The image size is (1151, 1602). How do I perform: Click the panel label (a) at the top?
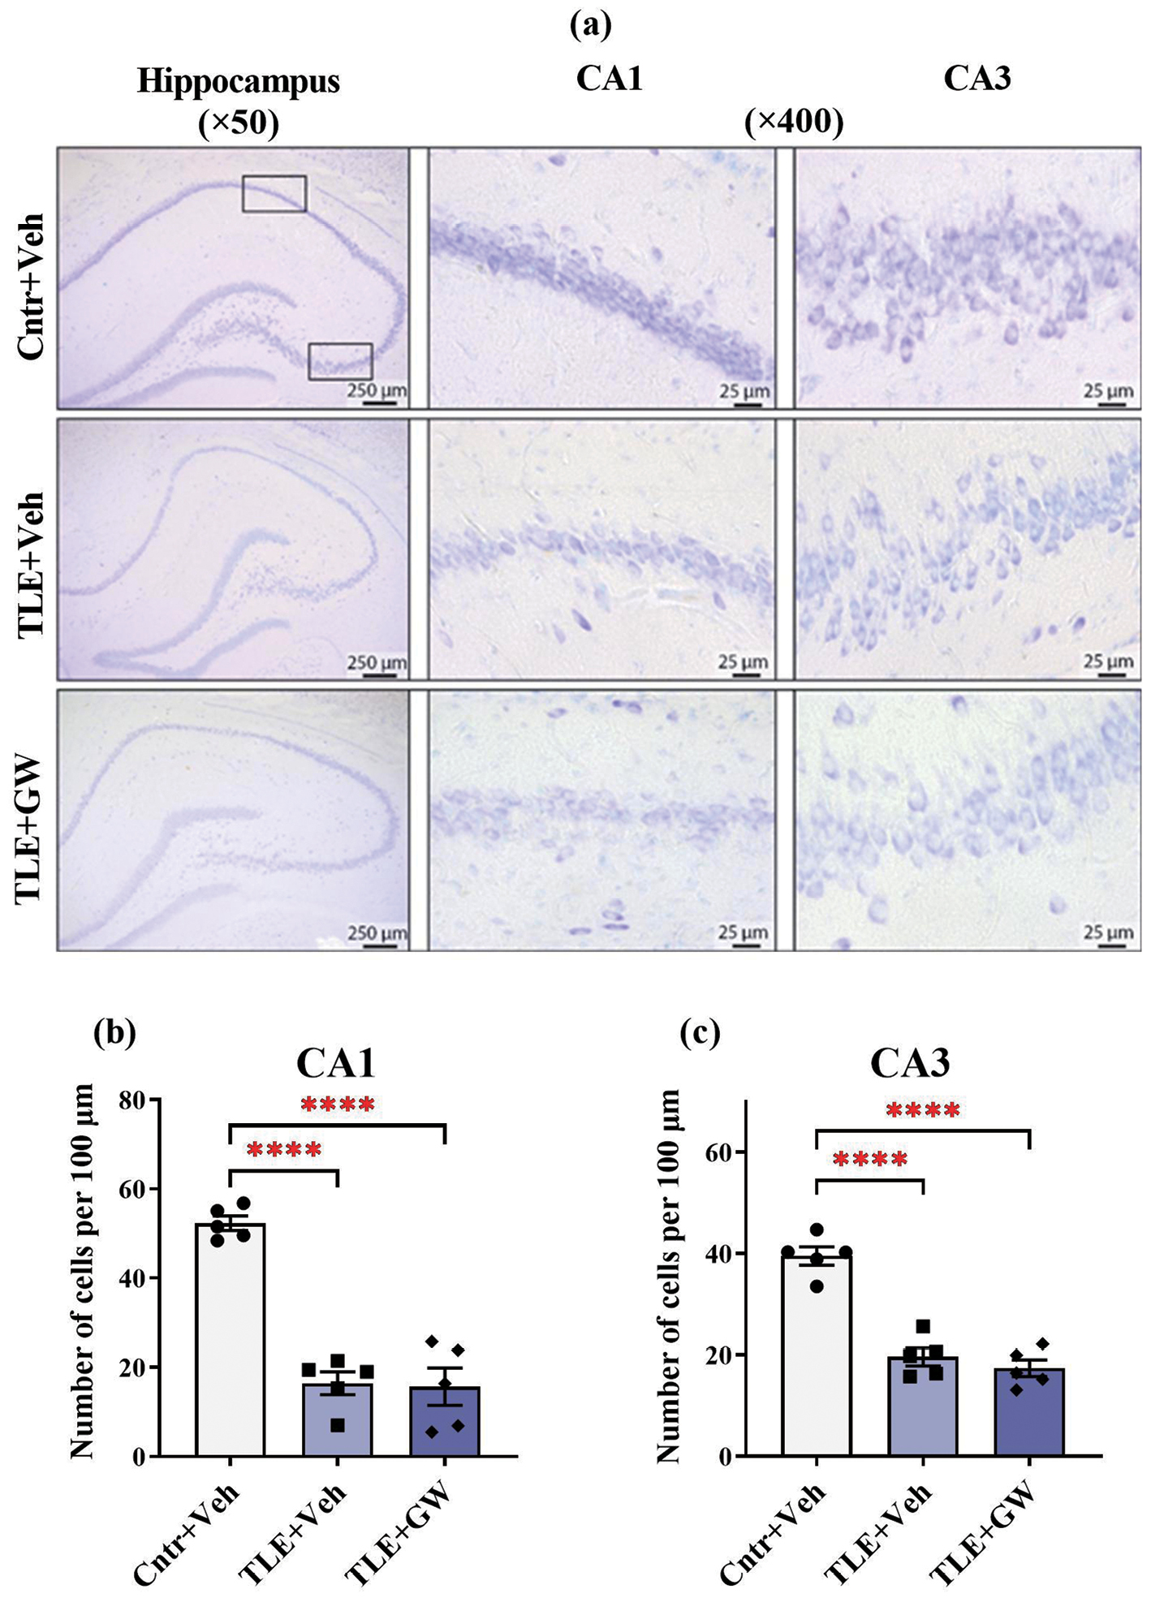[590, 25]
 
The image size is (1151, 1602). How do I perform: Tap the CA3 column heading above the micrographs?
[976, 79]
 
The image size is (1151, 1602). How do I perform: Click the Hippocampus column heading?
[238, 82]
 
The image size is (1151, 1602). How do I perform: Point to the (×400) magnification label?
[794, 123]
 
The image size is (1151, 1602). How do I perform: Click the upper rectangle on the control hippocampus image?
[274, 194]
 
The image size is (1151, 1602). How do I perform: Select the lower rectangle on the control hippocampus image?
[340, 361]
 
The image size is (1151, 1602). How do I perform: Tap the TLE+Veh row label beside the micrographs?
[31, 565]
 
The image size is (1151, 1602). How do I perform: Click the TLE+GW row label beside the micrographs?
[31, 827]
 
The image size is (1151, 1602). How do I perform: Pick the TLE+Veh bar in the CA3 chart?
[923, 1406]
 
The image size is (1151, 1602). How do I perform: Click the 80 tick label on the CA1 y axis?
[130, 1100]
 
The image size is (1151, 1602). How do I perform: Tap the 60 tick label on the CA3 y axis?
[715, 1153]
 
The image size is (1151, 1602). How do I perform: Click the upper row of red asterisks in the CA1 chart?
[338, 1105]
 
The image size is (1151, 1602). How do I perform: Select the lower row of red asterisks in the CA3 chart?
[870, 1160]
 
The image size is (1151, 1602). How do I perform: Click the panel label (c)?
[701, 1032]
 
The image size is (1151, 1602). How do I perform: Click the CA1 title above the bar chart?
[335, 1063]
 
